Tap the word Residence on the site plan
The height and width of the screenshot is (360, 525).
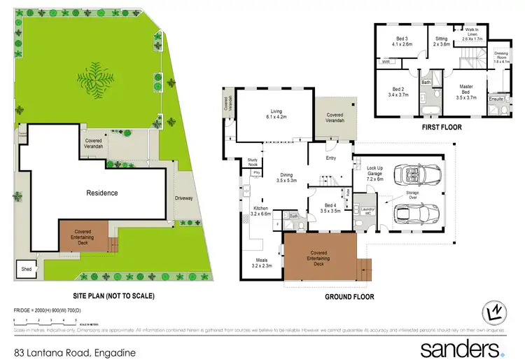coord(101,193)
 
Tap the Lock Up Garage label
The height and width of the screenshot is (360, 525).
coord(374,172)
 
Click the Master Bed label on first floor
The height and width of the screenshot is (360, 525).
coord(465,90)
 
